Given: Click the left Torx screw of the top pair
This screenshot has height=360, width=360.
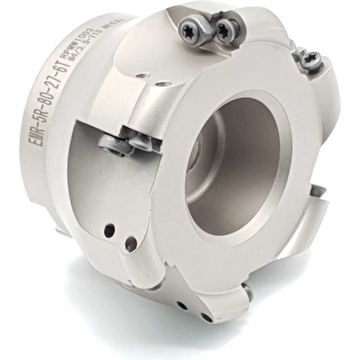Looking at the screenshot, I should [x=190, y=26].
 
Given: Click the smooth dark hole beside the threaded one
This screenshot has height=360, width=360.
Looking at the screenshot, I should [x=109, y=230].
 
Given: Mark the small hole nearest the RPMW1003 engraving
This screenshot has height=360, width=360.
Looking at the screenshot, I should [x=144, y=76].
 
